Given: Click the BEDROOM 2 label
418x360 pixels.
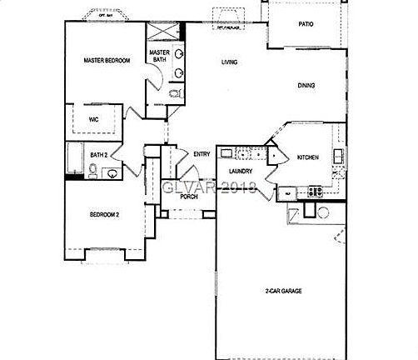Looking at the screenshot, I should [104, 214].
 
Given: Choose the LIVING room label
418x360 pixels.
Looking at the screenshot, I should [231, 62].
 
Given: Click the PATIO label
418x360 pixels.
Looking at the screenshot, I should [306, 24].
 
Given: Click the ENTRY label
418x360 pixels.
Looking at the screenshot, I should [202, 154].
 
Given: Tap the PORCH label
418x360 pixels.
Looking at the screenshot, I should [189, 197].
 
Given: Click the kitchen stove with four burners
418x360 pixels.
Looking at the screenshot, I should [316, 191].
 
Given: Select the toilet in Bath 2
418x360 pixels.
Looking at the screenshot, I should [94, 172].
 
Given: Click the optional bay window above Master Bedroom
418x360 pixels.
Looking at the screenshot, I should [103, 17].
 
